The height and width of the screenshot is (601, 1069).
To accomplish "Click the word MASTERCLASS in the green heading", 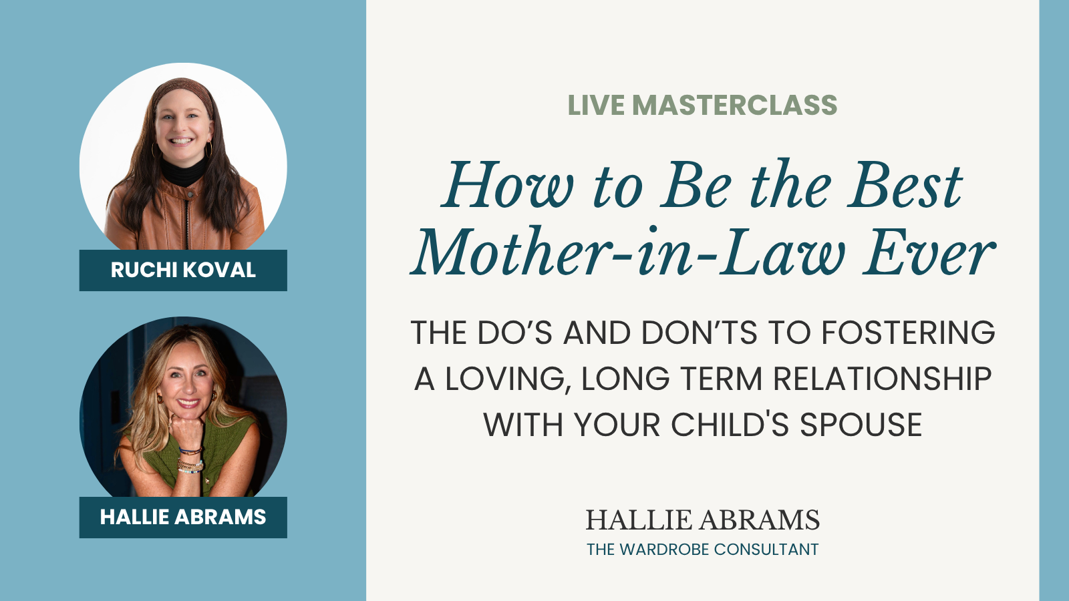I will click(x=734, y=106).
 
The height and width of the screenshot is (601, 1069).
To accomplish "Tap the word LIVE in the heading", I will click(x=596, y=106).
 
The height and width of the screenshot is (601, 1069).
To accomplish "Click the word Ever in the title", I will click(x=929, y=254).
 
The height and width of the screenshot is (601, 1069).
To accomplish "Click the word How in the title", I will click(x=508, y=186).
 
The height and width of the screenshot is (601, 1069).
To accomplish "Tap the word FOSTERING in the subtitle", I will click(x=908, y=333).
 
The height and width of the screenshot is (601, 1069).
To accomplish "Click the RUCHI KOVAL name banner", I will click(x=183, y=270).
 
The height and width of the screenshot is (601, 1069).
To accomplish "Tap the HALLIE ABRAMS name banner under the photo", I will click(x=183, y=518).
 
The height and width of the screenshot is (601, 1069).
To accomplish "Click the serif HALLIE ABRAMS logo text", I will click(x=702, y=520).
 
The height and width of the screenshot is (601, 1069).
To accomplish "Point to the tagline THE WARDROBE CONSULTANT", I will click(x=702, y=550).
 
